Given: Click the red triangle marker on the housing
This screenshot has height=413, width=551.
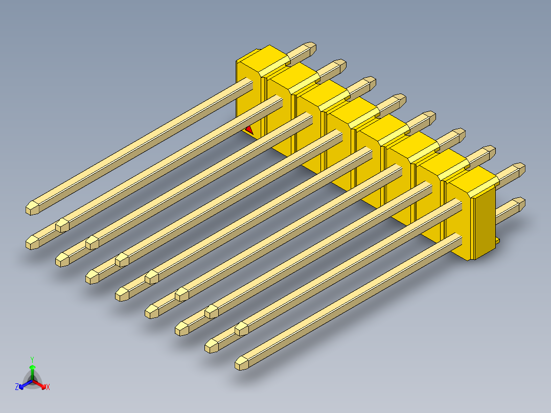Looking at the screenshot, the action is coord(249,130).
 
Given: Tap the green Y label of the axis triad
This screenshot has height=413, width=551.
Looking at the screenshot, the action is coord(32,359).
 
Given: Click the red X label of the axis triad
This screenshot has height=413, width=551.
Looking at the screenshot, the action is coord(48,387).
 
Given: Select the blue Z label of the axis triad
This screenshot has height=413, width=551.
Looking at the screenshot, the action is coord(17,387).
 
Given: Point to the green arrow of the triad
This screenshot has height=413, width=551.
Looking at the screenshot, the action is coord(32,372).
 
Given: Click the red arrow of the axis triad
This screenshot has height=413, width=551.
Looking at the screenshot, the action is coord(39,384).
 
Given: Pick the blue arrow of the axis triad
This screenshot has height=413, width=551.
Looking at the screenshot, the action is coord(26,384).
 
